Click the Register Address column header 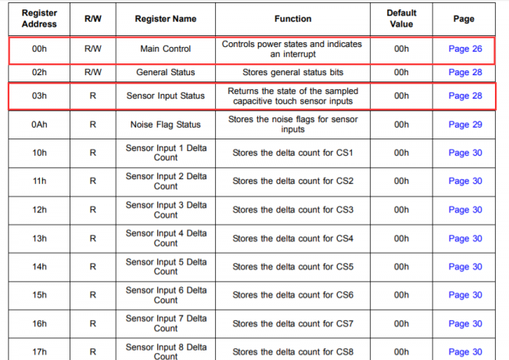coord(39,19)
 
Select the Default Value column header coord(401,19)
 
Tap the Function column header coord(292,19)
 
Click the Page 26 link coord(465,49)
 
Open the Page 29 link coord(465,124)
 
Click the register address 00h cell coord(39,49)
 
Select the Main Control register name coord(166,49)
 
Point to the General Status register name coord(166,72)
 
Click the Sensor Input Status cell coord(166,95)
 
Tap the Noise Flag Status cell coord(166,124)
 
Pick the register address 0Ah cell coord(39,124)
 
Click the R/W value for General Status coord(93,72)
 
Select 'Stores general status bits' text coord(292,72)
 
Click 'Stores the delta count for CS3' coord(292,210)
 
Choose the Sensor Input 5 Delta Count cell coord(166,267)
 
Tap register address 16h coord(39,324)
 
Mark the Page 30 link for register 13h coord(465,239)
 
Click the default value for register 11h coord(401,181)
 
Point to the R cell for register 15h coord(93,295)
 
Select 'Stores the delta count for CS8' coord(292,352)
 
